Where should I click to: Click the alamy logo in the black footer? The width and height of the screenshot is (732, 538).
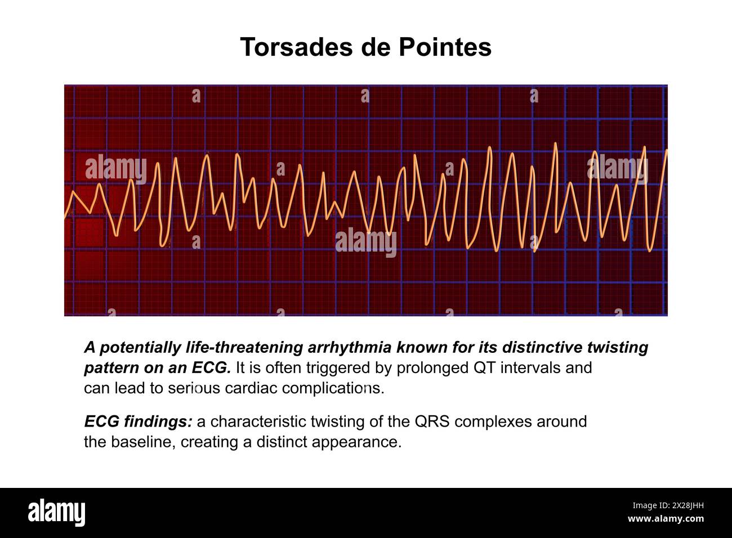[57, 513]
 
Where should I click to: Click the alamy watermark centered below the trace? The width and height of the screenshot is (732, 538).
[366, 243]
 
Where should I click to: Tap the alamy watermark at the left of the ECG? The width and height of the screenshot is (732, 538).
[116, 167]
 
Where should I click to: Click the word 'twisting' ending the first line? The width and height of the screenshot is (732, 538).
[619, 348]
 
